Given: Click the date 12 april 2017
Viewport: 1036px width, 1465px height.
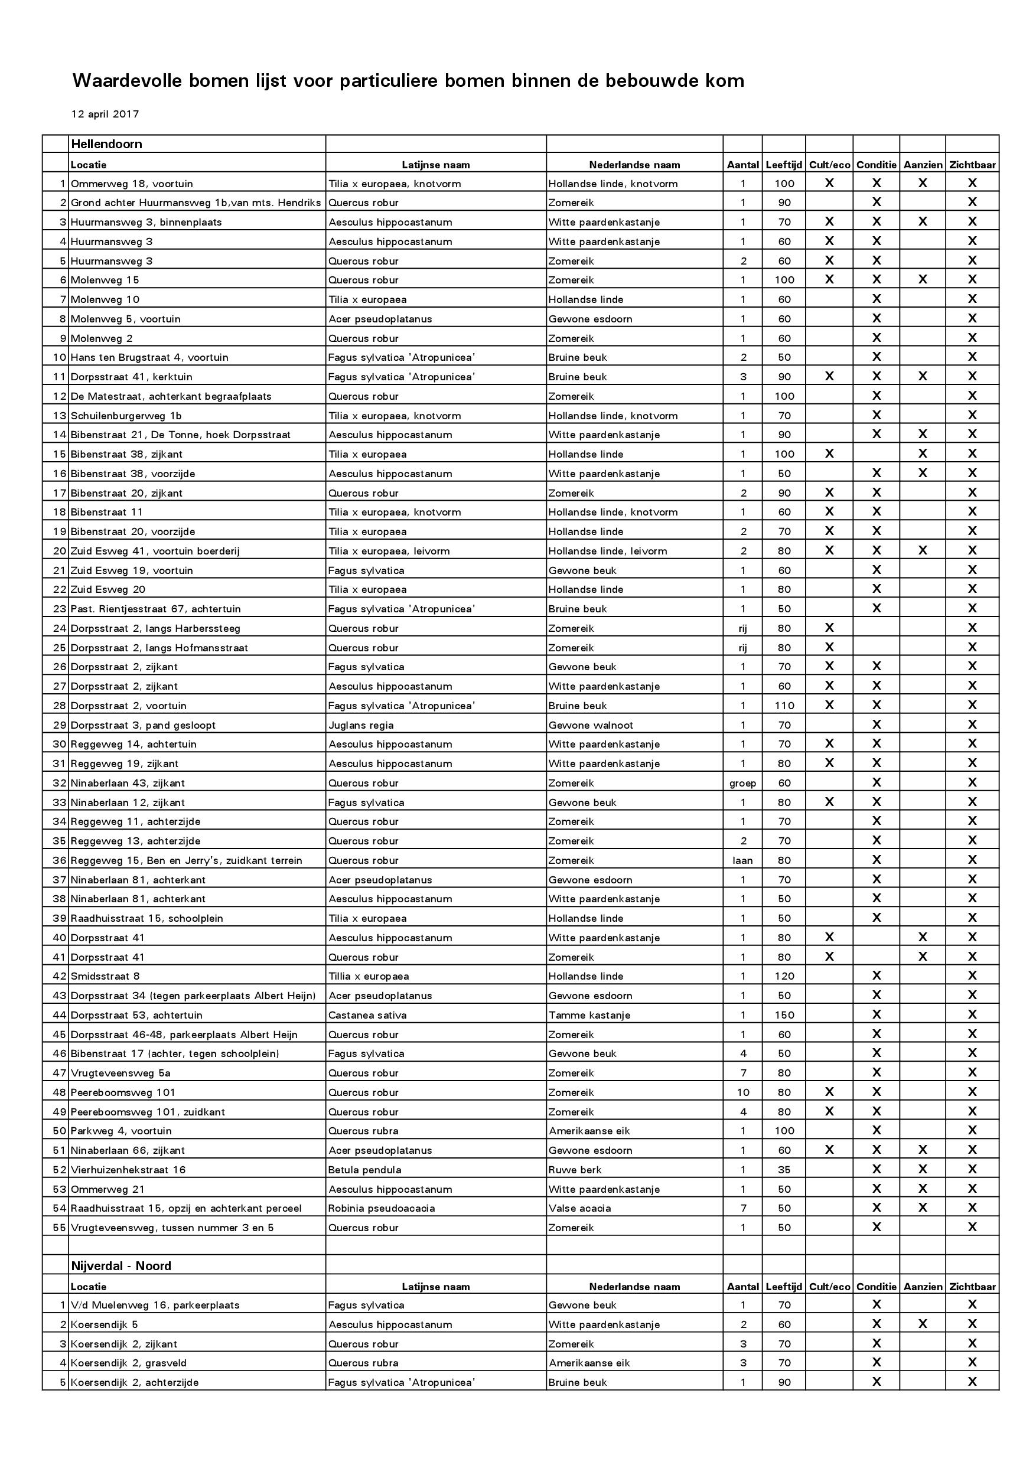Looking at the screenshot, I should pos(105,114).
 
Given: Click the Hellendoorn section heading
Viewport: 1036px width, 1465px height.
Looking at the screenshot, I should pos(106,144).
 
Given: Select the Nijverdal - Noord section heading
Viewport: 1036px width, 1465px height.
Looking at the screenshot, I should pos(121,1266).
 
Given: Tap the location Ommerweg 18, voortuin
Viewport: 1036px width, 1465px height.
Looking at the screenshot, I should pos(132,184).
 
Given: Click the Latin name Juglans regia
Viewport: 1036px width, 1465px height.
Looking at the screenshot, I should pos(361,725).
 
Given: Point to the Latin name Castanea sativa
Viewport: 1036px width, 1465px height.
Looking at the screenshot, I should pos(367,1015).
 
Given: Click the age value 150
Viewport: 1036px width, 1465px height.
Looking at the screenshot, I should pos(784,1015).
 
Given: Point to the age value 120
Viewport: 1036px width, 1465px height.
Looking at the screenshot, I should pos(784,976).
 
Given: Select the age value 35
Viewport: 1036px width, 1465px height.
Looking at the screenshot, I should pos(784,1170).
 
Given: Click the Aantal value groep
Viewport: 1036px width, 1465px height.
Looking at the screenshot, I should pos(743,783).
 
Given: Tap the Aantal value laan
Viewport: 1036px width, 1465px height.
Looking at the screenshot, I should pos(743,860).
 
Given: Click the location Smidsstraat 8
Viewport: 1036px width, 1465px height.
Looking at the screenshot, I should pos(105,976).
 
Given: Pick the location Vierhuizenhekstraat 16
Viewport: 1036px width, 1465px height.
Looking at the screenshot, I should pos(128,1170).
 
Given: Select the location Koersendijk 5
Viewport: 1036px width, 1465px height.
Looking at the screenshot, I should pos(104,1324).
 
